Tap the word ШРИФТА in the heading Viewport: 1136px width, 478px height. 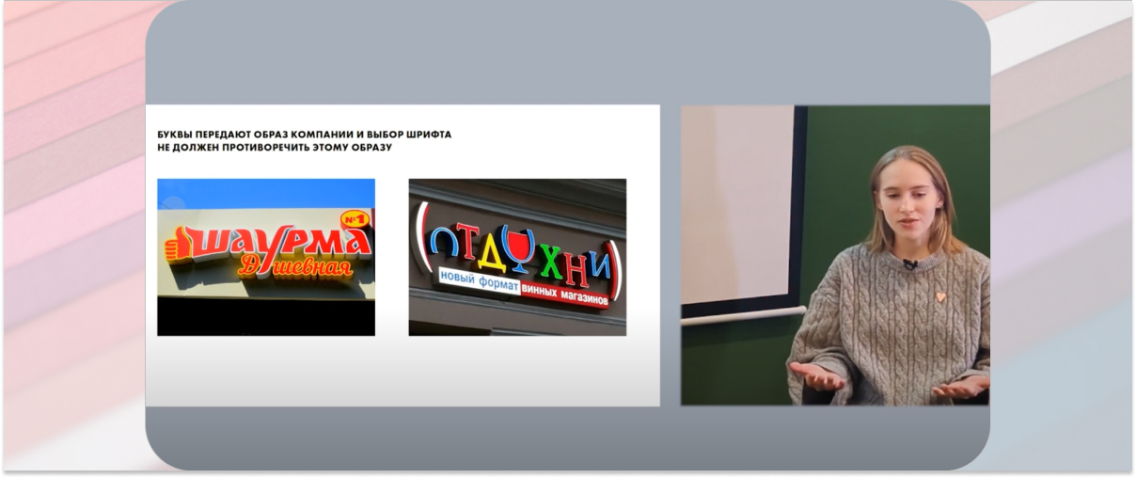(x=431, y=135)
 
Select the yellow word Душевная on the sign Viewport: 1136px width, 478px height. (x=295, y=266)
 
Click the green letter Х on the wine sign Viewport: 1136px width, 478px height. (x=550, y=263)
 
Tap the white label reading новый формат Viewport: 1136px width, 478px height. (x=480, y=280)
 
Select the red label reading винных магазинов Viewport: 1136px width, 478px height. (x=564, y=295)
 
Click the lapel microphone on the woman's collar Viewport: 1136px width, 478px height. (x=911, y=264)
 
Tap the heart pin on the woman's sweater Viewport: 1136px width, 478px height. (x=940, y=296)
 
